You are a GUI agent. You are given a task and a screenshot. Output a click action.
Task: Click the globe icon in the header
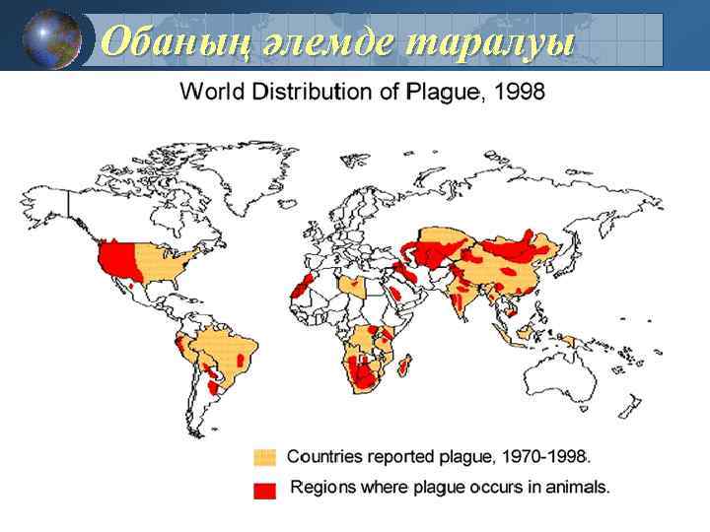(51, 38)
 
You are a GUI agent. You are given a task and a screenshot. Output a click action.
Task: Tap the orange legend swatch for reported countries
(264, 457)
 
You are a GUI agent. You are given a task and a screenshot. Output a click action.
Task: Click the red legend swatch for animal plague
(264, 490)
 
